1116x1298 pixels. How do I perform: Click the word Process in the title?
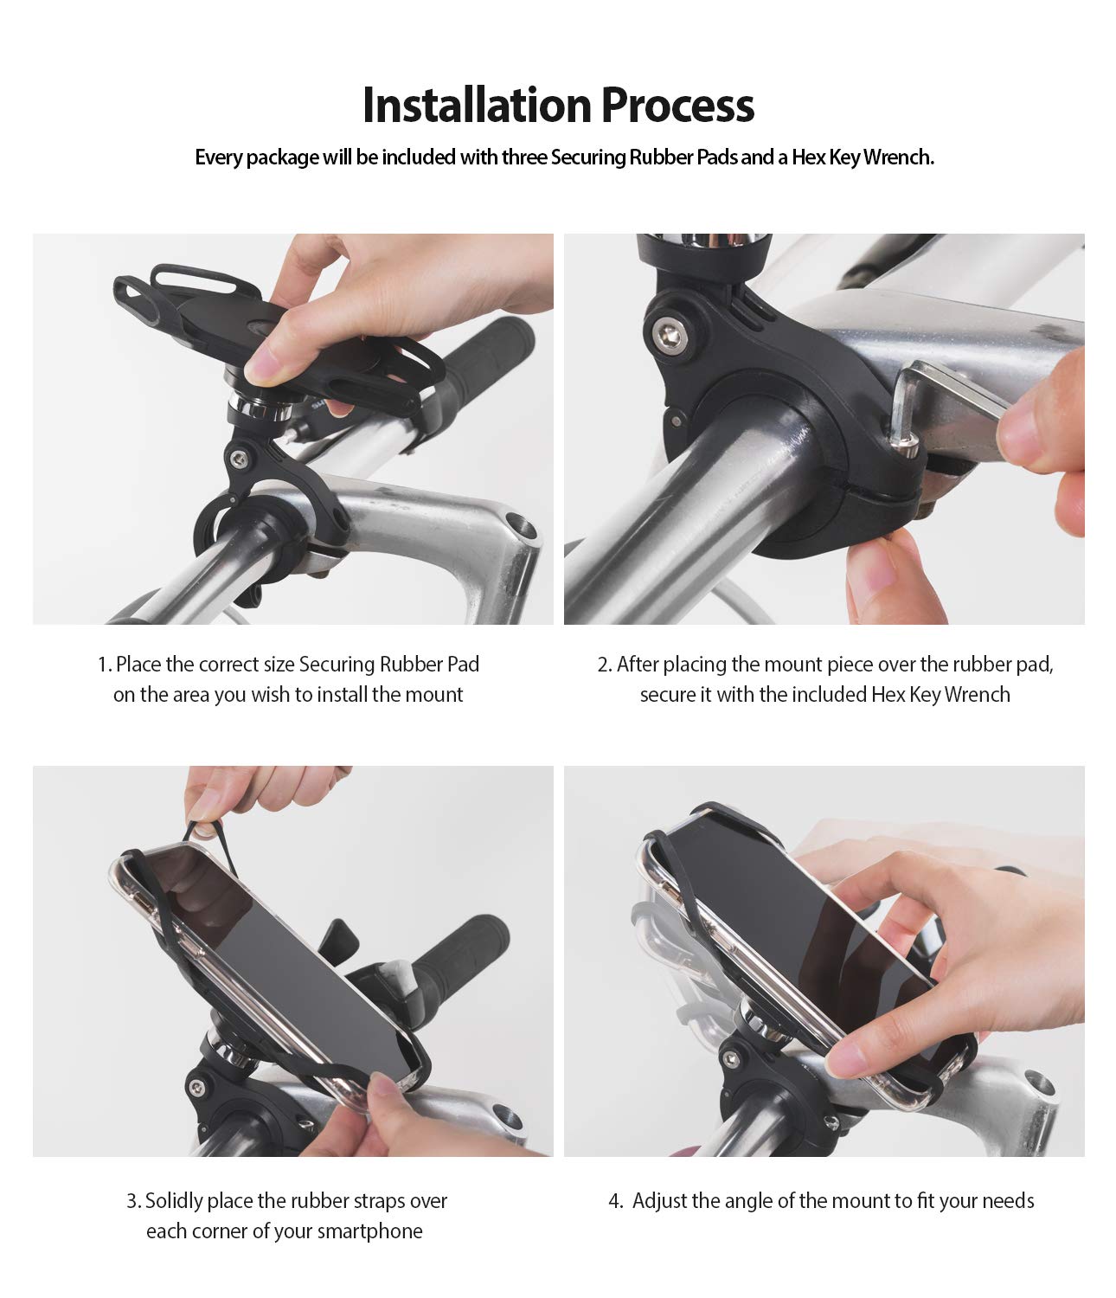click(x=677, y=106)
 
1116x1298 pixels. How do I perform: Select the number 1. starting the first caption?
click(x=105, y=665)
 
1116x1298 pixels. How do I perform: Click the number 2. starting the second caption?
click(x=605, y=665)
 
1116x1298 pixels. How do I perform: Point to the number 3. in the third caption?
click(x=134, y=1201)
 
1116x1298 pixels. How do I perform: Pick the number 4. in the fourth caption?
click(x=616, y=1201)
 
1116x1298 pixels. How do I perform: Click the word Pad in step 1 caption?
click(x=462, y=665)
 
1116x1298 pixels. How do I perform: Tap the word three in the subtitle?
click(x=524, y=157)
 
